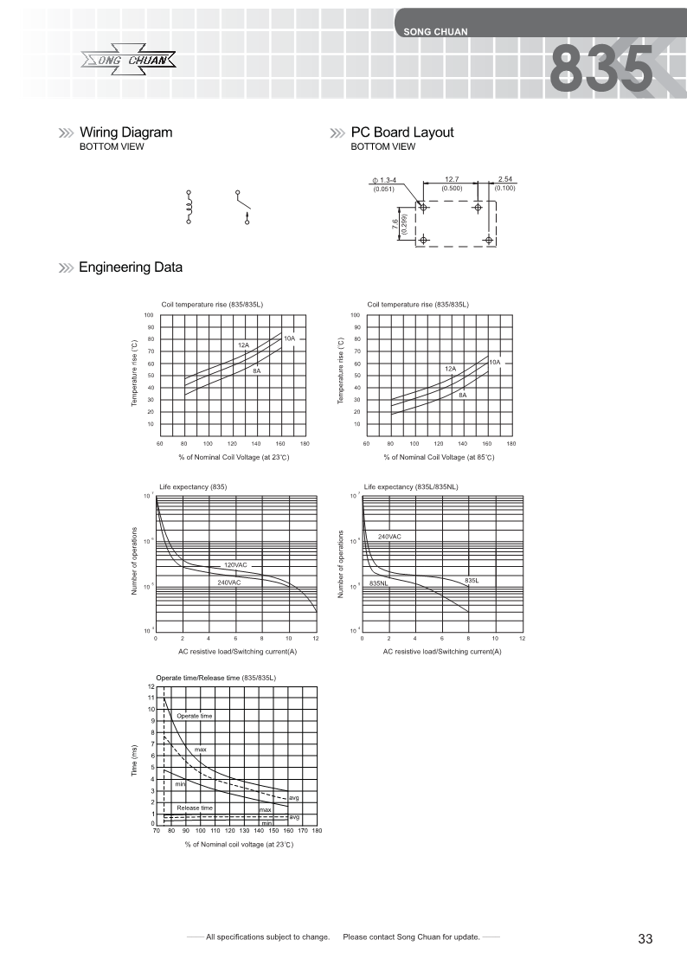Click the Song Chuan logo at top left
[x=130, y=60]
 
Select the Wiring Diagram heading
[x=125, y=132]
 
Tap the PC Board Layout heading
[x=401, y=132]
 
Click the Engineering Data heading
[x=130, y=267]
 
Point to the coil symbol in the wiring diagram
[x=189, y=207]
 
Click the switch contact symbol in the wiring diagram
[x=245, y=207]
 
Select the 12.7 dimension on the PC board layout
[x=451, y=179]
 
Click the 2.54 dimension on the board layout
[x=504, y=179]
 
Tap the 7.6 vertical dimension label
[x=394, y=226]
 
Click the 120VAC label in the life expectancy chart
[x=235, y=564]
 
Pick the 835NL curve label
[x=378, y=584]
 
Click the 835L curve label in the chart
[x=472, y=580]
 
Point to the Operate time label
[x=194, y=716]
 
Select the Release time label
[x=194, y=808]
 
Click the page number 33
[x=645, y=939]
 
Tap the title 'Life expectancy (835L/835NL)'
[x=415, y=487]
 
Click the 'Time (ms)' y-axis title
[x=134, y=760]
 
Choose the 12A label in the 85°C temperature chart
[x=450, y=369]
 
